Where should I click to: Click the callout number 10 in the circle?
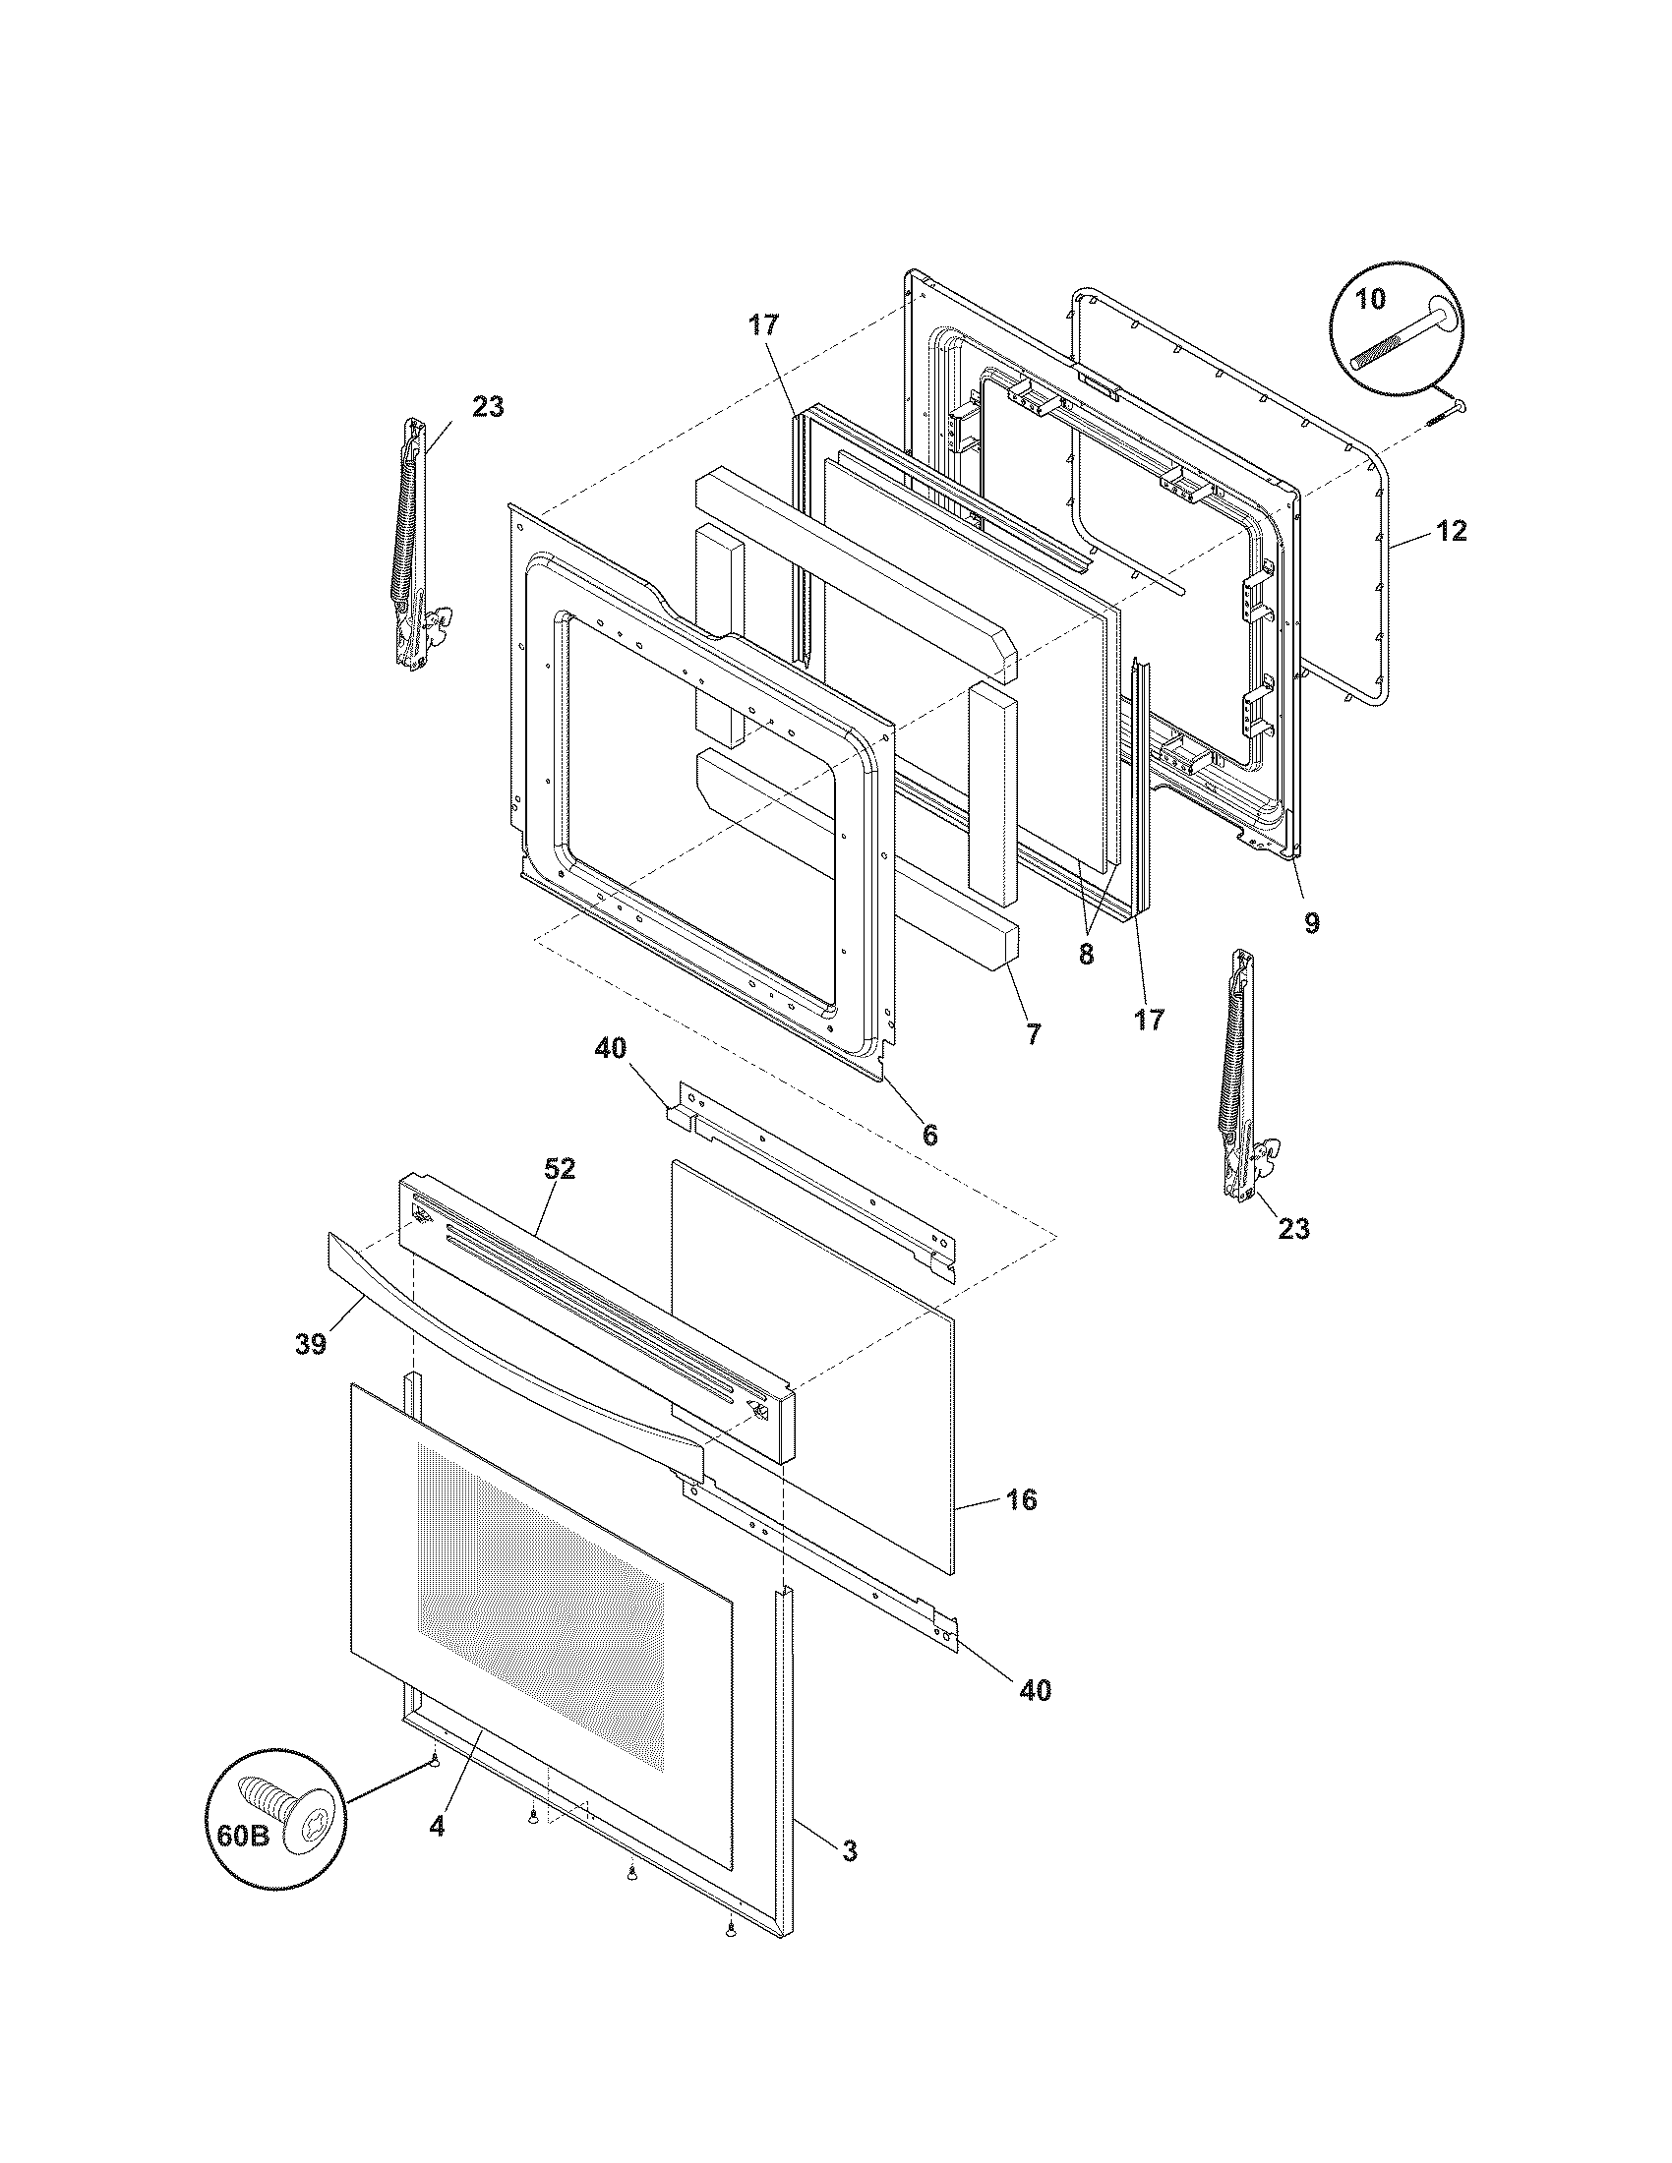(x=1371, y=299)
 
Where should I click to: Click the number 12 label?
(x=1451, y=531)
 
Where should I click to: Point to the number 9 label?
(x=1311, y=923)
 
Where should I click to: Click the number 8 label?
(x=1087, y=956)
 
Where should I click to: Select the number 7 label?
(x=1033, y=1035)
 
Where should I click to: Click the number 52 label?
(x=559, y=1169)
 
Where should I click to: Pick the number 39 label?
(x=311, y=1344)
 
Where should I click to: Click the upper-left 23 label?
(x=487, y=406)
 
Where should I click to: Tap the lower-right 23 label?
(x=1293, y=1228)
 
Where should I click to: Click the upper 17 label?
(x=763, y=324)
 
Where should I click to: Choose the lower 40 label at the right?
(x=1035, y=1689)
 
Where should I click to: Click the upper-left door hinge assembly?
(x=416, y=545)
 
